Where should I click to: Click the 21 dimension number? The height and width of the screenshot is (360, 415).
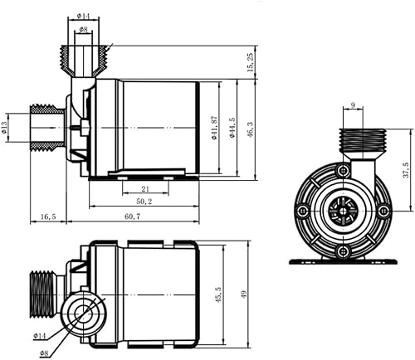[134, 190]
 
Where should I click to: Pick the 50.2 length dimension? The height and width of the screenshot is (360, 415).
[144, 202]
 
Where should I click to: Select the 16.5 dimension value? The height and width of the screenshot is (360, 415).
[48, 216]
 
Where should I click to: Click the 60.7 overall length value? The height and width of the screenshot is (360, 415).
[134, 216]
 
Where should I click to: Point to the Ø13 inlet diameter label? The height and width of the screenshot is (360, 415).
[5, 127]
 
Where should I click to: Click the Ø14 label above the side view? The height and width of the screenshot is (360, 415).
[84, 16]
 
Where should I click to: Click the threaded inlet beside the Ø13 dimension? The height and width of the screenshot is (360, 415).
[47, 127]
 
